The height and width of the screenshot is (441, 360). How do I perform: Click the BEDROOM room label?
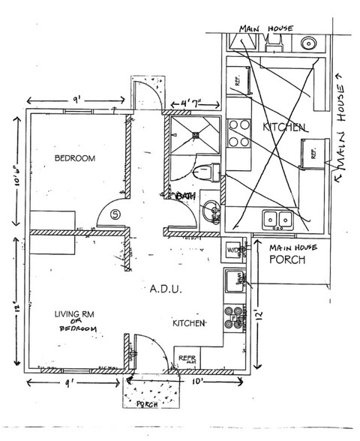pyautogui.click(x=74, y=158)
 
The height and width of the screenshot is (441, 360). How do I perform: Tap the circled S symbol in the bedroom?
pyautogui.click(x=115, y=214)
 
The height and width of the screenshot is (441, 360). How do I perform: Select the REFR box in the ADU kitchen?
pyautogui.click(x=185, y=358)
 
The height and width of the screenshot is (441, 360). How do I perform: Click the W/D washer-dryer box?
pyautogui.click(x=234, y=250)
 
